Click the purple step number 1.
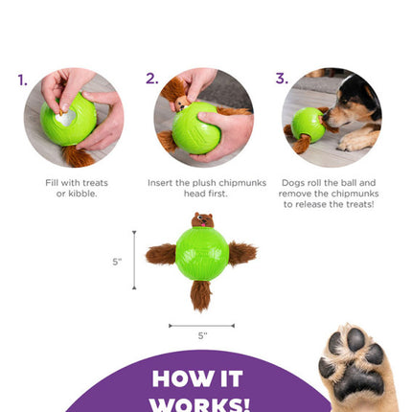[23, 80]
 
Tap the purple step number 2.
[152, 79]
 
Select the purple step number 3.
[282, 79]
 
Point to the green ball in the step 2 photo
[196, 124]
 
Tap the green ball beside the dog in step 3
[307, 125]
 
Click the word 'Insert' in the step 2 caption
[161, 182]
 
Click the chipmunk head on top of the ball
[202, 220]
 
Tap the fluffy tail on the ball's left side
[161, 254]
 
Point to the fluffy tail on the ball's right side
[242, 253]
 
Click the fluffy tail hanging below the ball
[201, 295]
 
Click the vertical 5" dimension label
[117, 260]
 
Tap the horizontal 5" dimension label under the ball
[201, 335]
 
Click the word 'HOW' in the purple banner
[185, 379]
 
